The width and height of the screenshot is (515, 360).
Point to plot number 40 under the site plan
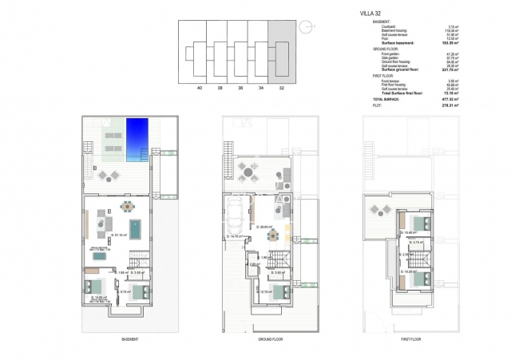tap(198, 88)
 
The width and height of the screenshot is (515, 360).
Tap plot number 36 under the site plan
tap(238, 88)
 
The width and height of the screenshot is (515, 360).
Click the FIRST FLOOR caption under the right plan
tap(411, 338)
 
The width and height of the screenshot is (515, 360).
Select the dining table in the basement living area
tap(128, 206)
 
